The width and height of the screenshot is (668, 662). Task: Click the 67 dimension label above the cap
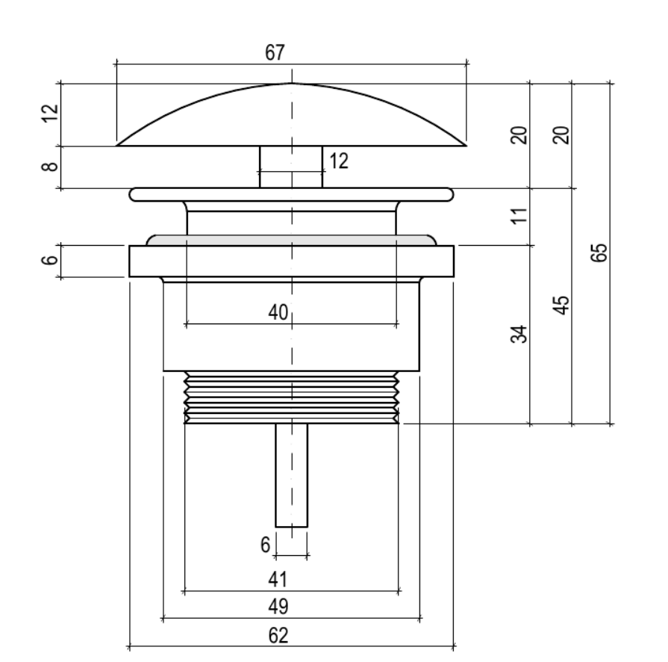[275, 53]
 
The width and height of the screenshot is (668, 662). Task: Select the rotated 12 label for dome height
[50, 113]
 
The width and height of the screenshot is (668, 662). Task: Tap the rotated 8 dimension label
[50, 166]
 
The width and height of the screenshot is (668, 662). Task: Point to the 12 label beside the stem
[339, 161]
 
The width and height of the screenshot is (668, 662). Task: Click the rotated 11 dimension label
[519, 216]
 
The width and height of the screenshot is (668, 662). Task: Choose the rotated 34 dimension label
[519, 334]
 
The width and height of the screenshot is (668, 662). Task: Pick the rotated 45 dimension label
[561, 305]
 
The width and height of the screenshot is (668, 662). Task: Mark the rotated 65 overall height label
[599, 253]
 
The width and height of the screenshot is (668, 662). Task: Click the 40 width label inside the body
[278, 312]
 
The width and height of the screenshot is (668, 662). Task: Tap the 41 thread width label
[278, 579]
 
